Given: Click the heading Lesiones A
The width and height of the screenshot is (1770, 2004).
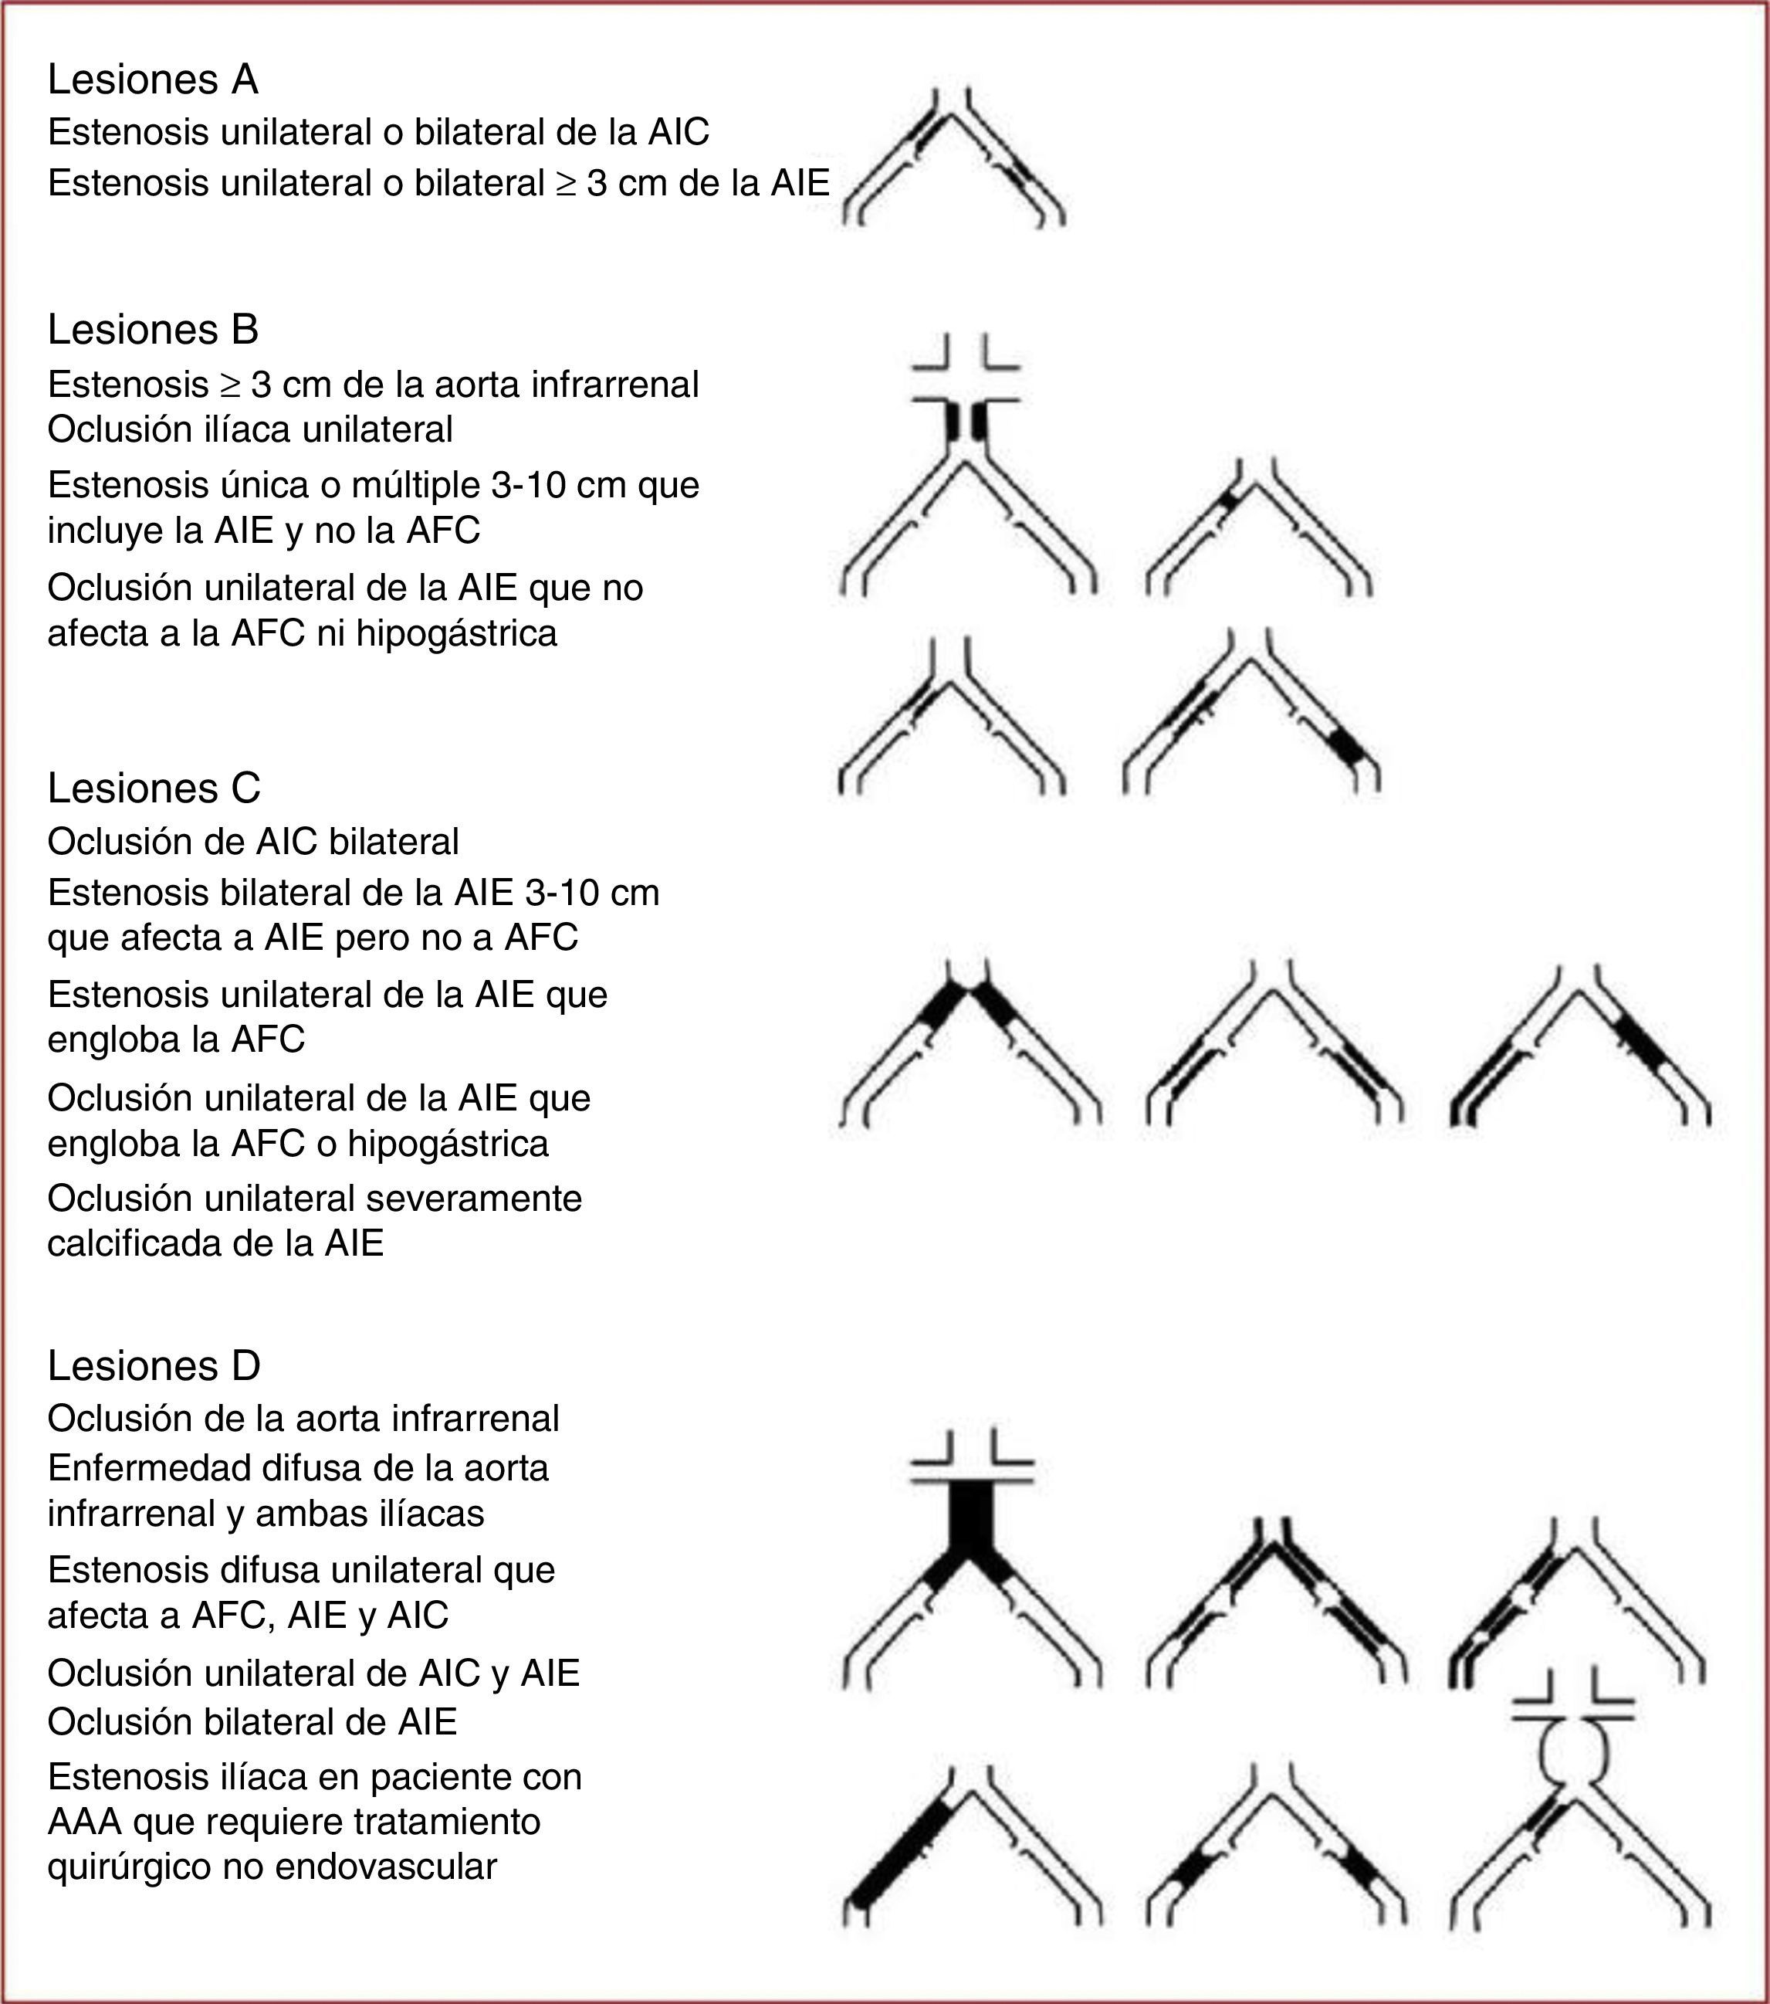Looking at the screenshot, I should tap(153, 80).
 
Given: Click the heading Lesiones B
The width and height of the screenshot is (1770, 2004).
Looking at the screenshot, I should tap(153, 330).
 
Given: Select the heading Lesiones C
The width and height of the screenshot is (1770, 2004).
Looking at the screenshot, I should tap(154, 788).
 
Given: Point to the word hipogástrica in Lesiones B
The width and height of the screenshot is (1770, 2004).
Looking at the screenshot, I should tap(457, 633).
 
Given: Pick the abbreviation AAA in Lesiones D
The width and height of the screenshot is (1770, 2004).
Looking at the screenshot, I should tap(84, 1822).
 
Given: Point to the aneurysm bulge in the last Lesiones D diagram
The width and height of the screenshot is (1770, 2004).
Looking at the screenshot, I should tap(1572, 1757).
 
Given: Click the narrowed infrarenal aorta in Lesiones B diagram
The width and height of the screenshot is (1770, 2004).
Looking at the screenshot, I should tap(966, 422).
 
